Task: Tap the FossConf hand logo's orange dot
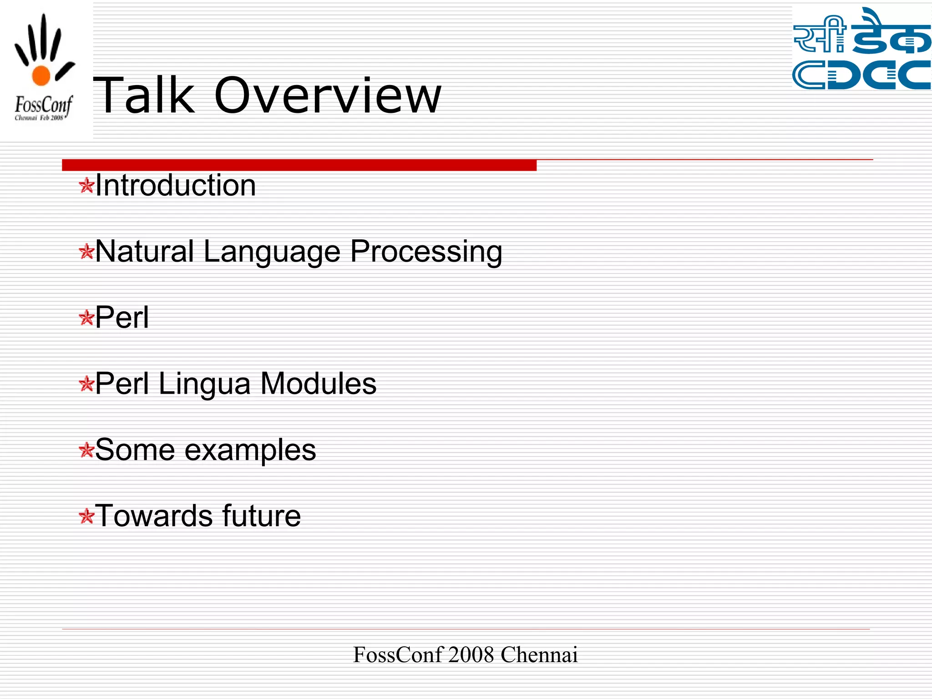[41, 76]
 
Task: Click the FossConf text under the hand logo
[43, 105]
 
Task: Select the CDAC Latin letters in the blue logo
[861, 75]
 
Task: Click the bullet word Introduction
[176, 186]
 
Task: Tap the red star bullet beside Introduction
[86, 186]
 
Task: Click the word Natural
[145, 252]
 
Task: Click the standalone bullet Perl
[122, 318]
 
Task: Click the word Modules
[319, 384]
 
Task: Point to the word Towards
[154, 516]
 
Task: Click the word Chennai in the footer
[539, 655]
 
